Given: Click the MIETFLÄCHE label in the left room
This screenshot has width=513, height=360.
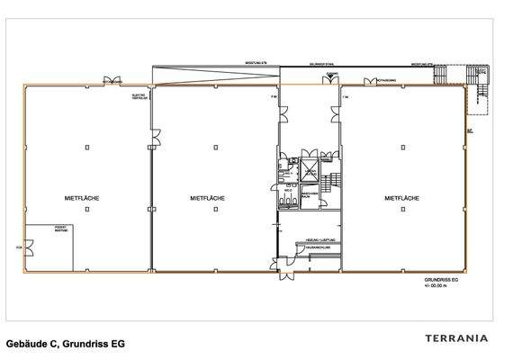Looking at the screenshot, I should [x=81, y=197].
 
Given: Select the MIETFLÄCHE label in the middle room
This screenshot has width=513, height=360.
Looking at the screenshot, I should [x=208, y=197].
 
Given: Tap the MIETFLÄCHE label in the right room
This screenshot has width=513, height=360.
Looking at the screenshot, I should [x=401, y=197].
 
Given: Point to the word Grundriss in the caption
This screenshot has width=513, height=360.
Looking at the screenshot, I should [x=90, y=344].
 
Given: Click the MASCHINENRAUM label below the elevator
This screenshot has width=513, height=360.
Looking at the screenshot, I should [x=307, y=194].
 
